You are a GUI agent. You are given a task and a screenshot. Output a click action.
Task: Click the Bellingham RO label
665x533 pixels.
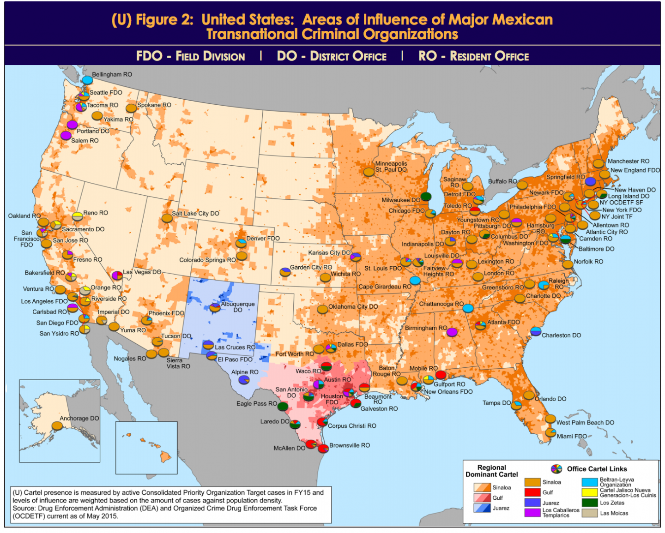(x=112, y=74)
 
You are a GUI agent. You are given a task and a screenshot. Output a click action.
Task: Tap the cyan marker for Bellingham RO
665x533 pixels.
(x=87, y=80)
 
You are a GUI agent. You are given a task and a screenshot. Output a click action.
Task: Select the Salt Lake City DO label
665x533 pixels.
(x=195, y=213)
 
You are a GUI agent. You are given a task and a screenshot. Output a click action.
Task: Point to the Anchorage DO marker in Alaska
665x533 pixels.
(x=57, y=425)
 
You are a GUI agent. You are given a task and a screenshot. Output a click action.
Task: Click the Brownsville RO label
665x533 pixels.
(x=349, y=445)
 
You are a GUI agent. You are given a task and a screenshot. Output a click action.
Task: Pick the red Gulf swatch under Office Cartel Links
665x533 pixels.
(x=532, y=492)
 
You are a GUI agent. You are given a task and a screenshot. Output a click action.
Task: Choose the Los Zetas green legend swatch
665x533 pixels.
(x=590, y=503)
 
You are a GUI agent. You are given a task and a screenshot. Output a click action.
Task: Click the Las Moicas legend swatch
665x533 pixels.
(x=590, y=513)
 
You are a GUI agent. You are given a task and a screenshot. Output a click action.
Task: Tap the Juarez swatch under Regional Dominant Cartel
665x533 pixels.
(x=482, y=508)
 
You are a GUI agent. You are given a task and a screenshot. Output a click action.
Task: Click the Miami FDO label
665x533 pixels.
(x=572, y=436)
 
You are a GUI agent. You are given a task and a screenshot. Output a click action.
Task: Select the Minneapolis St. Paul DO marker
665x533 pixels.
(x=369, y=172)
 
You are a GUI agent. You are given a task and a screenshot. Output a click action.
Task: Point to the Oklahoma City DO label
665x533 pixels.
(x=353, y=306)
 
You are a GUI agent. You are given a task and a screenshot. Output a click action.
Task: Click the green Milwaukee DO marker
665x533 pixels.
(x=426, y=197)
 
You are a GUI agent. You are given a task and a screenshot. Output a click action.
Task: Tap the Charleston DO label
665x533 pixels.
(x=561, y=335)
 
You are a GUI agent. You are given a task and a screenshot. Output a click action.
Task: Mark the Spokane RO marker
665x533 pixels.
(x=131, y=108)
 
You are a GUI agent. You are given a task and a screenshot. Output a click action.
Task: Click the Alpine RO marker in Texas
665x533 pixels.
(x=243, y=380)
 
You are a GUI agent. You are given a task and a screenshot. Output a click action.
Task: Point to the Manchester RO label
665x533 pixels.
(x=628, y=161)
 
